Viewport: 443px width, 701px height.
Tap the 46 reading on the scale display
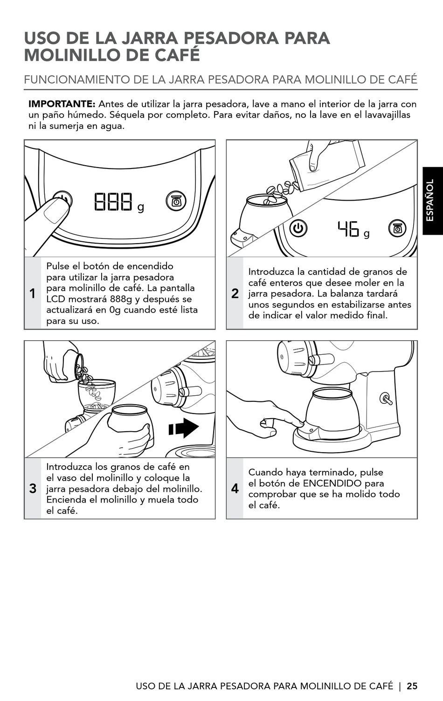pos(349,229)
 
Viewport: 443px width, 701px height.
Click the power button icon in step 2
pos(299,229)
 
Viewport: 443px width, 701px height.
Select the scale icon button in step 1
pos(176,201)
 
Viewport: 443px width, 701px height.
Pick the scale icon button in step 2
pos(397,229)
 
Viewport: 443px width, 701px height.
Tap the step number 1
pos(33,294)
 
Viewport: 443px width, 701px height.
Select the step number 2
pos(235,294)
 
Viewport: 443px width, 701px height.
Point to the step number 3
pos(33,489)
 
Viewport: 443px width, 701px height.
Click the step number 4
pos(235,489)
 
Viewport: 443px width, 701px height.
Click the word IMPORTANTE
pos(62,104)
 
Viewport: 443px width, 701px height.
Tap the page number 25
pos(412,686)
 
